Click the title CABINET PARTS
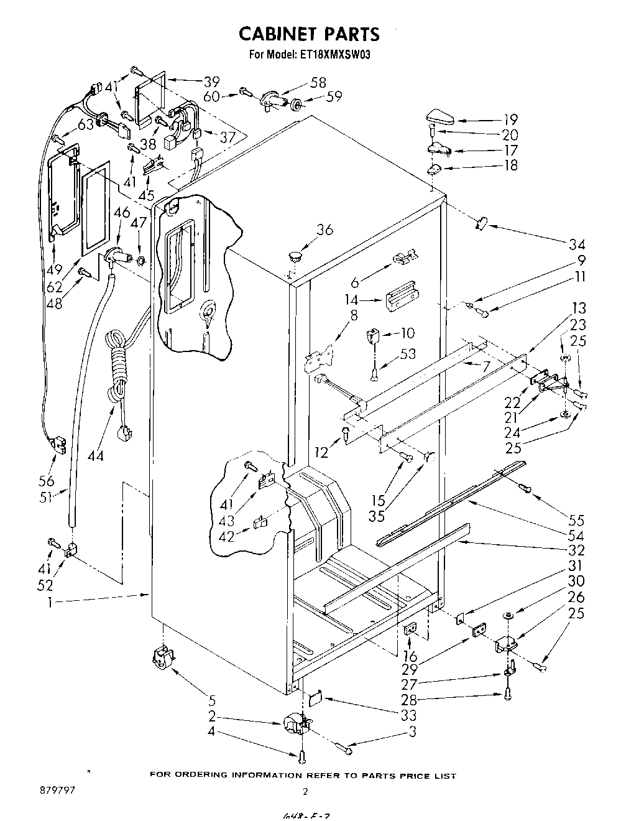pyautogui.click(x=309, y=33)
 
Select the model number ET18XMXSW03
pyautogui.click(x=336, y=55)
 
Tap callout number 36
pyautogui.click(x=324, y=230)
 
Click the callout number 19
pyautogui.click(x=510, y=119)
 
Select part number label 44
pyautogui.click(x=95, y=455)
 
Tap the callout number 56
pyautogui.click(x=47, y=480)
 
